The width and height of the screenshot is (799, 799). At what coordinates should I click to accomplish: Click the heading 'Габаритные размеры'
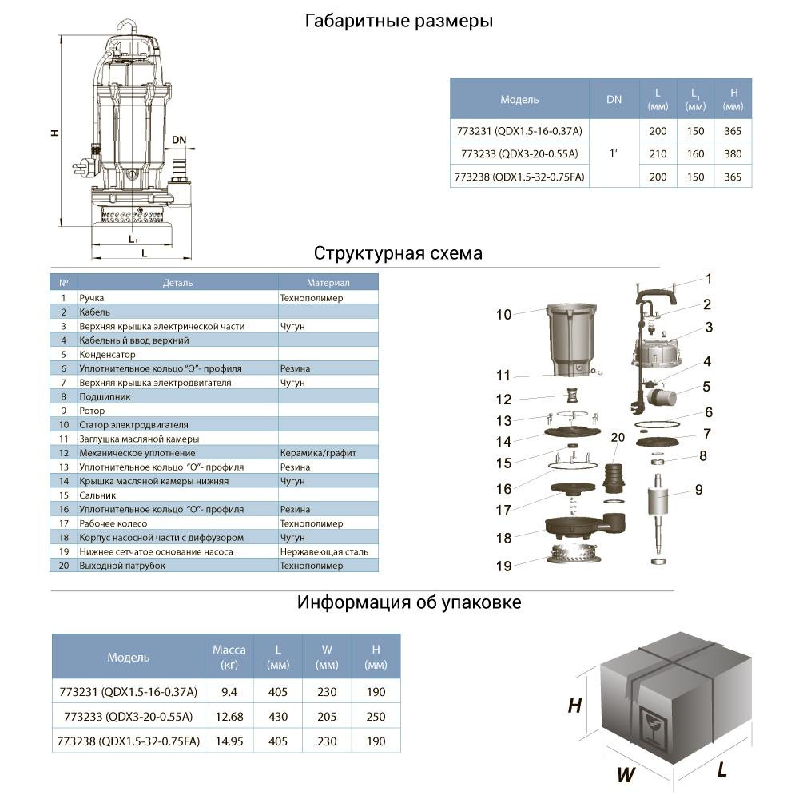[x=399, y=22]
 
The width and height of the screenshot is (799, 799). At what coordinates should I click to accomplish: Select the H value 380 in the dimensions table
[x=733, y=154]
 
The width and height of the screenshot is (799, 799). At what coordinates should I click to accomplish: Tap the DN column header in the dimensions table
[x=614, y=100]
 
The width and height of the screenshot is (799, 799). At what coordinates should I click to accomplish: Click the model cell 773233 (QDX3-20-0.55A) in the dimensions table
[x=519, y=154]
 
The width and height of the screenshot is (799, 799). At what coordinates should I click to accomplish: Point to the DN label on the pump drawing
[x=179, y=141]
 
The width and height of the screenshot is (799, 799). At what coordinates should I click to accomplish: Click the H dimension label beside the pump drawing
[x=54, y=133]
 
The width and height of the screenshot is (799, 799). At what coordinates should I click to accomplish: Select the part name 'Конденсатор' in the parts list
[x=108, y=354]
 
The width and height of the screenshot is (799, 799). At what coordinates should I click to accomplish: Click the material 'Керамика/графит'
[x=318, y=453]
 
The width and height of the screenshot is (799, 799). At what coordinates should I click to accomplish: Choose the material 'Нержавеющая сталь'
[x=324, y=551]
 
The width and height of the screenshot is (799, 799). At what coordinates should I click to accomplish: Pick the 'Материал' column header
[x=328, y=283]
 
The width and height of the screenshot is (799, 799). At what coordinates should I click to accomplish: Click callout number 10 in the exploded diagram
[x=503, y=315]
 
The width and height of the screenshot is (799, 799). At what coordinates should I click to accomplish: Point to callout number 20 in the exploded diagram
[x=616, y=437]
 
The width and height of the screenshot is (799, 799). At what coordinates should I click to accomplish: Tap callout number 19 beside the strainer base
[x=503, y=566]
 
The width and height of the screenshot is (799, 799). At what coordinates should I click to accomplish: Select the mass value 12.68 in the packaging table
[x=229, y=717]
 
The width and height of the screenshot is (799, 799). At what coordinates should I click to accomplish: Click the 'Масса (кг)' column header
[x=229, y=657]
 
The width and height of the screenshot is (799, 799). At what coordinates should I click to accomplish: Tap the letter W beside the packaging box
[x=626, y=773]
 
